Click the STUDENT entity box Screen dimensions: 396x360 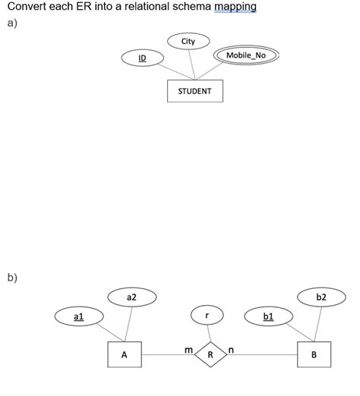click(x=195, y=91)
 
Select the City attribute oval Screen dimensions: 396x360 click(x=188, y=41)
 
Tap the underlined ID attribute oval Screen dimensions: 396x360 click(x=142, y=58)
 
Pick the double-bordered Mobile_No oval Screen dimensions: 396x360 click(x=247, y=55)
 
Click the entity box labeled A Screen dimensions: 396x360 click(x=124, y=354)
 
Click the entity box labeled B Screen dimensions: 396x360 click(x=314, y=354)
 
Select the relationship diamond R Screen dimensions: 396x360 click(x=210, y=354)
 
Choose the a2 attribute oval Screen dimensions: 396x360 click(x=131, y=297)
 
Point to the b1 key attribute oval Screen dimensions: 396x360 click(x=267, y=316)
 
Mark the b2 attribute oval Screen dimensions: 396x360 click(x=321, y=297)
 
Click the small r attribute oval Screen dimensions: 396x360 click(x=207, y=315)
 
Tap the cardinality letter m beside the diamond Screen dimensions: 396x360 click(x=188, y=348)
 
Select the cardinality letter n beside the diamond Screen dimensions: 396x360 click(x=231, y=349)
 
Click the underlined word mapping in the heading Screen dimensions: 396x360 click(x=235, y=7)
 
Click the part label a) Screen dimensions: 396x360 click(x=11, y=22)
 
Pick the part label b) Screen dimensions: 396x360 click(x=11, y=277)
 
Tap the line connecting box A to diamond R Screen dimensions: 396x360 click(x=163, y=354)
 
